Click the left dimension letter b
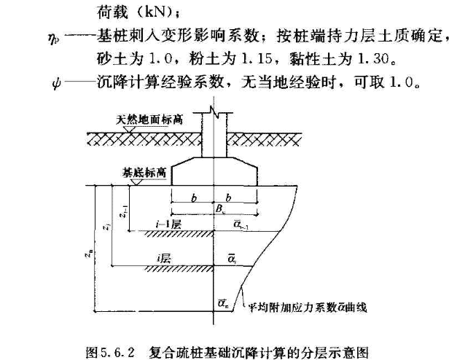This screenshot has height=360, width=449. [192, 198]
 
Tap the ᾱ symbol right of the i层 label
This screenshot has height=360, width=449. [231, 259]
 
